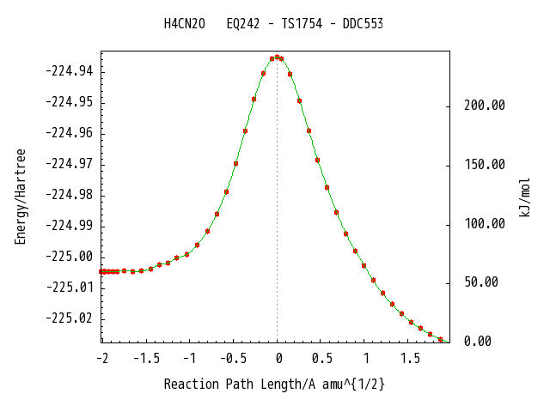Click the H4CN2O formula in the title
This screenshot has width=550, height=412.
[x=185, y=24]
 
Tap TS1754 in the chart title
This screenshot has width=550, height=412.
[x=302, y=24]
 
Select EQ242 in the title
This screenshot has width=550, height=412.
[x=243, y=24]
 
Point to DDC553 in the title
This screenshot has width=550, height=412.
[x=363, y=24]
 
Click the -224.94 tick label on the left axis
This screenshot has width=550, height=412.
[x=70, y=71]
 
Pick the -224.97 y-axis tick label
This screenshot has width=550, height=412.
[x=70, y=164]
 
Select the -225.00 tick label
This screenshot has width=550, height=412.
[x=70, y=257]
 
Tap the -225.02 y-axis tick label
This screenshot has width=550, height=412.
[x=70, y=318]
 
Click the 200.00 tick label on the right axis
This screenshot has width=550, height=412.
[x=485, y=105]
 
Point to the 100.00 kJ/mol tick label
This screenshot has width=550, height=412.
[x=485, y=223]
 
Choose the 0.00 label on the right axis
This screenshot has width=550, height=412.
[x=478, y=341]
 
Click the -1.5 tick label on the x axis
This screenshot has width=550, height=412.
[x=147, y=359]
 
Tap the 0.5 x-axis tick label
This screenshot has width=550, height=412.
[x=322, y=359]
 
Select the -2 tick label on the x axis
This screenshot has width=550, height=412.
[x=102, y=359]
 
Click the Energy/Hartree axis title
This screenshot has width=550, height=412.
[x=21, y=197]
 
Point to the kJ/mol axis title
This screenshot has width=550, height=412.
[x=524, y=197]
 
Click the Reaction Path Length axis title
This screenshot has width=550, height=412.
[x=274, y=385]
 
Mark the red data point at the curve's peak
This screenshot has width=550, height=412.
[x=277, y=58]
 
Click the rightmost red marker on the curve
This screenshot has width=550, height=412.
[x=440, y=339]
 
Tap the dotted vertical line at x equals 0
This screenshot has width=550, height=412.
[x=277, y=200]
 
